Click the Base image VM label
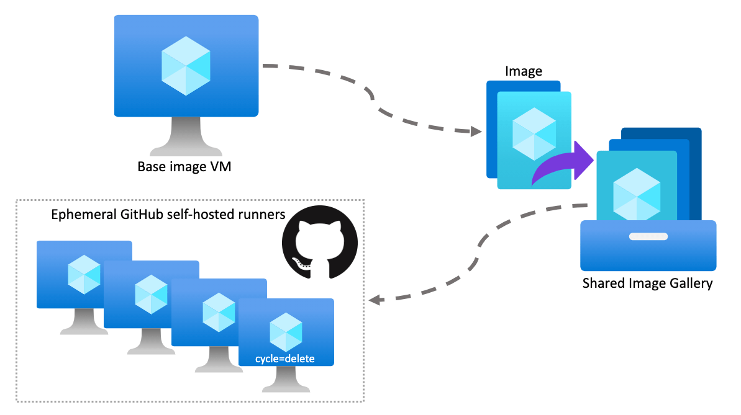tap(184, 167)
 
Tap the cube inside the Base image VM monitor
tap(186, 66)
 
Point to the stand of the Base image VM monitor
tap(186, 136)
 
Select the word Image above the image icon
tap(523, 71)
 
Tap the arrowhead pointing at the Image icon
tap(476, 132)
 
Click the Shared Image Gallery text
tap(647, 283)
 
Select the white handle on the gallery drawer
tap(648, 236)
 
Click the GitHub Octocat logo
tap(319, 243)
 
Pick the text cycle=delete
tap(285, 359)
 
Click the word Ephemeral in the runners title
tap(84, 215)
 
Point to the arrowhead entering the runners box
tap(375, 300)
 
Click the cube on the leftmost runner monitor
tap(84, 275)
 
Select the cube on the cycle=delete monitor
tap(286, 332)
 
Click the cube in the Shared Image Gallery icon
tap(637, 194)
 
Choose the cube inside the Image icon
tap(534, 133)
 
